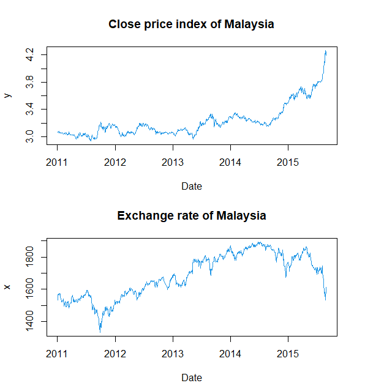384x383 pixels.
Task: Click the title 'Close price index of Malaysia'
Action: point(191,24)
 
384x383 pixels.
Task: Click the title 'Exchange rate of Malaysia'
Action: point(191,216)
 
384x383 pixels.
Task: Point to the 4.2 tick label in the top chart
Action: point(30,55)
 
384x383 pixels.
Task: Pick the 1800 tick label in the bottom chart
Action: point(30,257)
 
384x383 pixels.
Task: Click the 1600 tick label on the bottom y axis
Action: point(30,289)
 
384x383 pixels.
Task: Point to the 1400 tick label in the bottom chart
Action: point(30,321)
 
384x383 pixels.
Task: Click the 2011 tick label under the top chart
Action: point(58,162)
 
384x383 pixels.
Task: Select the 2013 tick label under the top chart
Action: point(173,162)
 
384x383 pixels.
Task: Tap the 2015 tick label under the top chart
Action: point(288,162)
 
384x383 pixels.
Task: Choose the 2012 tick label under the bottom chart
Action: point(115,354)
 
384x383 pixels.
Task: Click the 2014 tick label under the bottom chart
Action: point(230,354)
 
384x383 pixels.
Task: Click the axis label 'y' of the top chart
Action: point(7,95)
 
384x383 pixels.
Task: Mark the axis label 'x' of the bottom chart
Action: point(7,286)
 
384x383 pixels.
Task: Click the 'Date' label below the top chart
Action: point(191,186)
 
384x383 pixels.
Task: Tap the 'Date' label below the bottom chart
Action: point(191,377)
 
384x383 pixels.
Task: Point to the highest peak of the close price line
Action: point(326,51)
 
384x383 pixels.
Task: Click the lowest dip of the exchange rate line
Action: point(100,332)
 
